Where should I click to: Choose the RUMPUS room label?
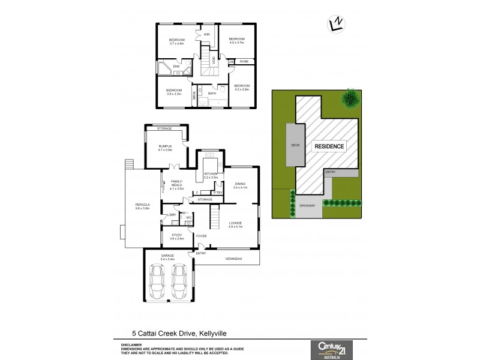[x=165, y=146]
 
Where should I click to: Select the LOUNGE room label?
[x=235, y=223]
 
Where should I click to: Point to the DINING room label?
[x=240, y=184]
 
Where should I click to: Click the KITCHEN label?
[x=210, y=174]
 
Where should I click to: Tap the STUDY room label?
[x=176, y=235]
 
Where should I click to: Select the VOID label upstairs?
[x=214, y=60]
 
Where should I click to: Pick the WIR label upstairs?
[x=206, y=34]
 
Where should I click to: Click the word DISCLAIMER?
[x=130, y=345]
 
